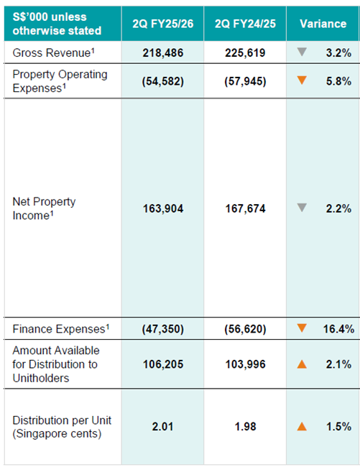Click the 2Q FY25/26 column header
[x=163, y=24]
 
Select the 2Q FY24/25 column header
[x=245, y=24]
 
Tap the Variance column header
[x=323, y=24]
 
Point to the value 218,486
[x=163, y=53]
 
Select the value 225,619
[x=245, y=53]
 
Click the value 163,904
[x=163, y=208]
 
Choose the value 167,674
[x=245, y=208]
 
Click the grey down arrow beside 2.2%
[x=302, y=208]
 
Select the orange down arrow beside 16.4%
[x=302, y=328]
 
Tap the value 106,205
[x=163, y=364]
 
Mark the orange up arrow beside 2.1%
[x=302, y=364]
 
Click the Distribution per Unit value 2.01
[x=163, y=427]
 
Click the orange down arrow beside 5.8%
[x=302, y=80]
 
